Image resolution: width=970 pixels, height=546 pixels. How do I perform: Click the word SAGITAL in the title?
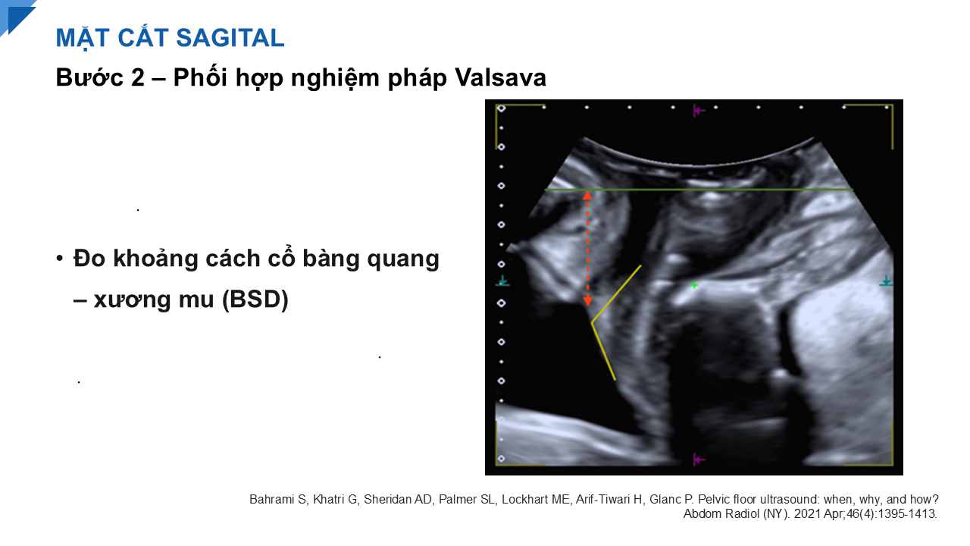pos(230,38)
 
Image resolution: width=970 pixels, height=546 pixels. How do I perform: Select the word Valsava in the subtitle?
pos(500,77)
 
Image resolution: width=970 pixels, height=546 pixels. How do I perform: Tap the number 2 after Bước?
pos(137,78)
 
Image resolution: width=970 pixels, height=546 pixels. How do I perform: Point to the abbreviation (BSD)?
pos(255,299)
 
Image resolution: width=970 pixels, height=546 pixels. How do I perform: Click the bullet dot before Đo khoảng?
pos(60,259)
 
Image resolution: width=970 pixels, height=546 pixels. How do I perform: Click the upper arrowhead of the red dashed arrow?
pos(587,196)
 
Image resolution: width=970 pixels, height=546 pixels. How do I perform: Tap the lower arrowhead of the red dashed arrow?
pos(587,301)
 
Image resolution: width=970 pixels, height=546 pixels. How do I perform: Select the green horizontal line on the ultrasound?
pos(699,190)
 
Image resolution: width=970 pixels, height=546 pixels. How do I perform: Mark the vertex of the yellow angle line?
pos(592,322)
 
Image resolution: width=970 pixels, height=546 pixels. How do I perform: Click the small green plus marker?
pos(694,285)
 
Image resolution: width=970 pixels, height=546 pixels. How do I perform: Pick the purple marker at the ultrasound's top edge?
pos(698,111)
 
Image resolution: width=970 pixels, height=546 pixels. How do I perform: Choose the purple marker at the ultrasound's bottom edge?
pos(698,460)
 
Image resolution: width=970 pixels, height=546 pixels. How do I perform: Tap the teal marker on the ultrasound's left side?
pos(502,281)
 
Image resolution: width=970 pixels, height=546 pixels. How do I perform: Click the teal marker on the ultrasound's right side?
pos(886,281)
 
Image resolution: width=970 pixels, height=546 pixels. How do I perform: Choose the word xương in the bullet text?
pos(132,300)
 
